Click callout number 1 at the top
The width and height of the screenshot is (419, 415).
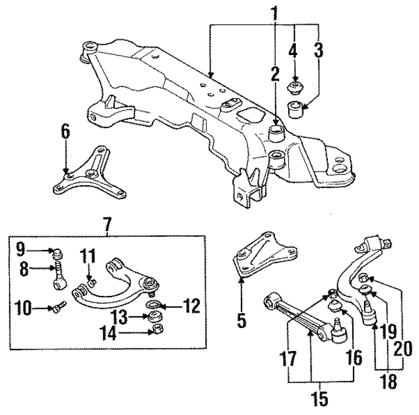tap(274, 12)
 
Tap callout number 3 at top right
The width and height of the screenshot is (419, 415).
tap(318, 50)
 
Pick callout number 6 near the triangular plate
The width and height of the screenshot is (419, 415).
tap(65, 132)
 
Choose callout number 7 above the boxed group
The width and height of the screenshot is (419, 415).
tap(107, 224)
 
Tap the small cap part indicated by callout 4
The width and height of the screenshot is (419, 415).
tap(297, 86)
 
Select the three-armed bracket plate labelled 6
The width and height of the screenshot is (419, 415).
tap(90, 173)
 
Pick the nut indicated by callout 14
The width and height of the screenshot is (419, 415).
tap(156, 329)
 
